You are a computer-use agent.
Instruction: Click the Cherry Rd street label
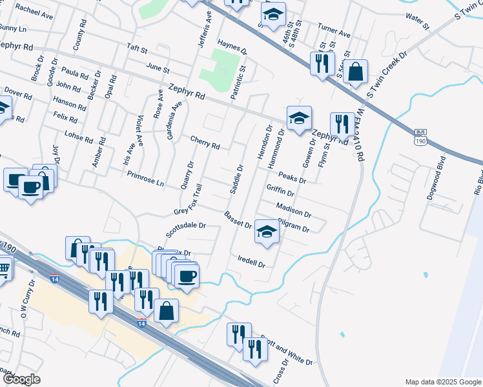205,142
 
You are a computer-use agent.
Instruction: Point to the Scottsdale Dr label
185,226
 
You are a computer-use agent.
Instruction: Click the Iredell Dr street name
252,263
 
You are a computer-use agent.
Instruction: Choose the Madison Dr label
293,210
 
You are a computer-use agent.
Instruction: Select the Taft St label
138,49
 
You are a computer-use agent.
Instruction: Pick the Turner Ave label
334,30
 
